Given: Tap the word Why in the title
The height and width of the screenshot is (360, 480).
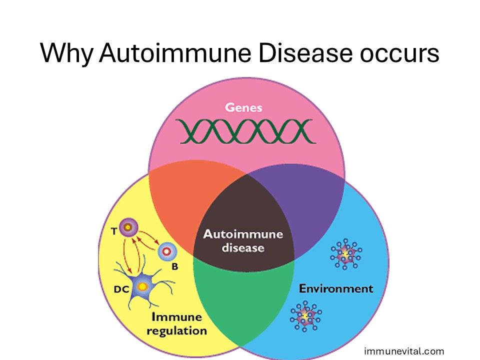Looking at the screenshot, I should (x=66, y=53).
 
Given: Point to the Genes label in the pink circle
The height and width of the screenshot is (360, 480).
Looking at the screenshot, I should (x=243, y=107).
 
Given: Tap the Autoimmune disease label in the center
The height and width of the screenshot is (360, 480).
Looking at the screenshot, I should (x=243, y=240).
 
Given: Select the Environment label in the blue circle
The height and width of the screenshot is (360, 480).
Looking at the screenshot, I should (x=335, y=288).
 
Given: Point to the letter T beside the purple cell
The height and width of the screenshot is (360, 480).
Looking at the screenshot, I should (x=114, y=230).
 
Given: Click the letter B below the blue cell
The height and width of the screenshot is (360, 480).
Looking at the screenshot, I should (x=174, y=266).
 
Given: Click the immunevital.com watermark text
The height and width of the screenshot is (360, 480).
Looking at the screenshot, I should (x=403, y=351).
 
